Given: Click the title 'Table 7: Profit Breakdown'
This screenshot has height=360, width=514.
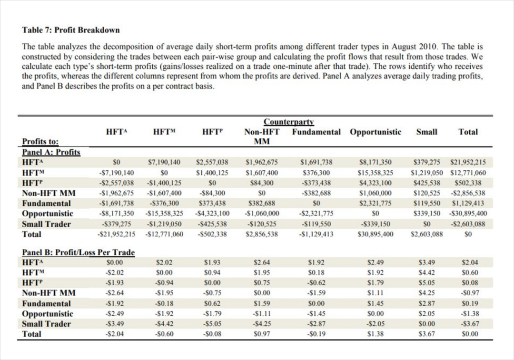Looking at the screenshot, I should [71, 30].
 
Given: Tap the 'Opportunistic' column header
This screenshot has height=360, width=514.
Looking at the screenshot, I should [376, 132].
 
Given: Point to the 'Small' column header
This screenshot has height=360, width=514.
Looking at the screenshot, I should [426, 132].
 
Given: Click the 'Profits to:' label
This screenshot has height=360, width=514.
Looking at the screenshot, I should [40, 141].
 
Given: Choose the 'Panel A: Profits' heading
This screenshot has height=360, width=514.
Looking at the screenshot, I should [51, 152].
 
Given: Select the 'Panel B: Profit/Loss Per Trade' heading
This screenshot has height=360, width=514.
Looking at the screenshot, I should [79, 253].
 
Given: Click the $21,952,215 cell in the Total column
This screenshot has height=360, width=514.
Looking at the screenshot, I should [468, 162].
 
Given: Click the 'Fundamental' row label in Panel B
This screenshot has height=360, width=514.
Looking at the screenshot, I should [47, 303].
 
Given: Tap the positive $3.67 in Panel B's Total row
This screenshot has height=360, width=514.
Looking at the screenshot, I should [426, 334].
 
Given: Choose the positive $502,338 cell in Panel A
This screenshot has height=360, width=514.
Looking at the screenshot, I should [468, 183].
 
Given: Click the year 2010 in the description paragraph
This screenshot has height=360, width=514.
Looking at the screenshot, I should [430, 47].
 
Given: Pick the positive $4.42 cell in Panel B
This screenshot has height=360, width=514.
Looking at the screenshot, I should [426, 272].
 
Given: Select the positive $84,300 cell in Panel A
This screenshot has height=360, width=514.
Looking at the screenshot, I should [262, 183].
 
